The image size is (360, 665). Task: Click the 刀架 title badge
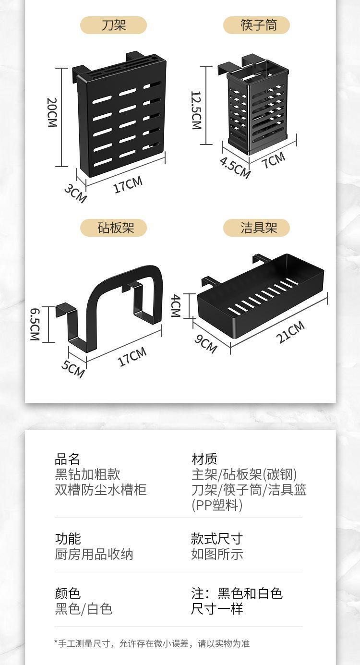[113, 25]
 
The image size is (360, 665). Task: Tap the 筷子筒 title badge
[256, 25]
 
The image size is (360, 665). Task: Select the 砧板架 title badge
[113, 228]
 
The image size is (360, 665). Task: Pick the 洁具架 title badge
[256, 228]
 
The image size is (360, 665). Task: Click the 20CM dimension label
[52, 112]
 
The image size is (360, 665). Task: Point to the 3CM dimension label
[75, 193]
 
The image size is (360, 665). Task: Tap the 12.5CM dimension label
[196, 110]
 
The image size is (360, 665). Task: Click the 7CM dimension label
[273, 160]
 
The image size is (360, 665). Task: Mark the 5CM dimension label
[73, 368]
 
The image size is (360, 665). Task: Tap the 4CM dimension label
[175, 306]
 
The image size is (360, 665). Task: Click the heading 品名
[67, 459]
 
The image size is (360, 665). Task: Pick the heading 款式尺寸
[216, 538]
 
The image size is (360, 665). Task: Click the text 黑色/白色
[84, 609]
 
